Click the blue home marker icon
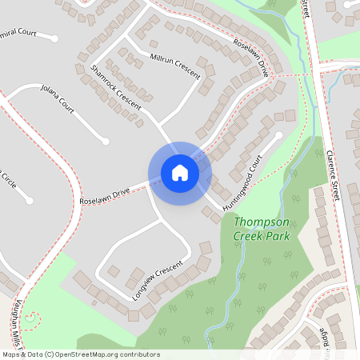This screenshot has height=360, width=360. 180,173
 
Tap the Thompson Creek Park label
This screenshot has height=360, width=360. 262,229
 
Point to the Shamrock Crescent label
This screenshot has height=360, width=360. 115,87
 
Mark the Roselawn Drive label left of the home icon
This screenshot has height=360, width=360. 104,196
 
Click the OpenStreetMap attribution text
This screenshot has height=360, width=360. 80,354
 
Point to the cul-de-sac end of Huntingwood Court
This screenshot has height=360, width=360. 278,135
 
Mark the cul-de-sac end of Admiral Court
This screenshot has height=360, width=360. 54,37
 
